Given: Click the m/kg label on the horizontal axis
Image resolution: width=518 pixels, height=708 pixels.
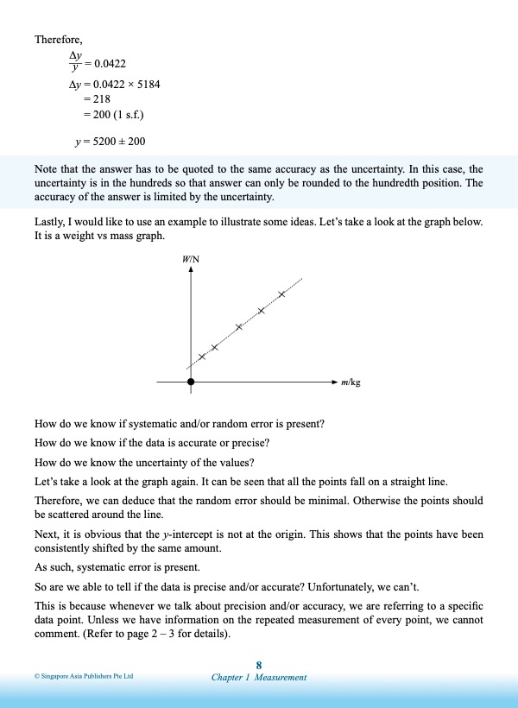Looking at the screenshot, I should point(351,381).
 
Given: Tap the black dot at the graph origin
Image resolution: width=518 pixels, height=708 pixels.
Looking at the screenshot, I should point(191,381).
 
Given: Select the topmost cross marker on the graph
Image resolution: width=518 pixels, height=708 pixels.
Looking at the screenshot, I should point(281,294).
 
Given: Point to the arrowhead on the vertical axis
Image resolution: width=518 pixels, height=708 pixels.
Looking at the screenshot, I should point(191,269).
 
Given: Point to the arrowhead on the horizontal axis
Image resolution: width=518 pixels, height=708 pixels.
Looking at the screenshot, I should point(335,381).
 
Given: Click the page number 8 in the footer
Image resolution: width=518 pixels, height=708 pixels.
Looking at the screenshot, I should point(259,664).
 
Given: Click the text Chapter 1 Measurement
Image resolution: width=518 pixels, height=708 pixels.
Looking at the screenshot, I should point(259,678).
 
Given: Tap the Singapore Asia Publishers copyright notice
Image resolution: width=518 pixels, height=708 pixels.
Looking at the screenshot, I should point(84,677).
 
